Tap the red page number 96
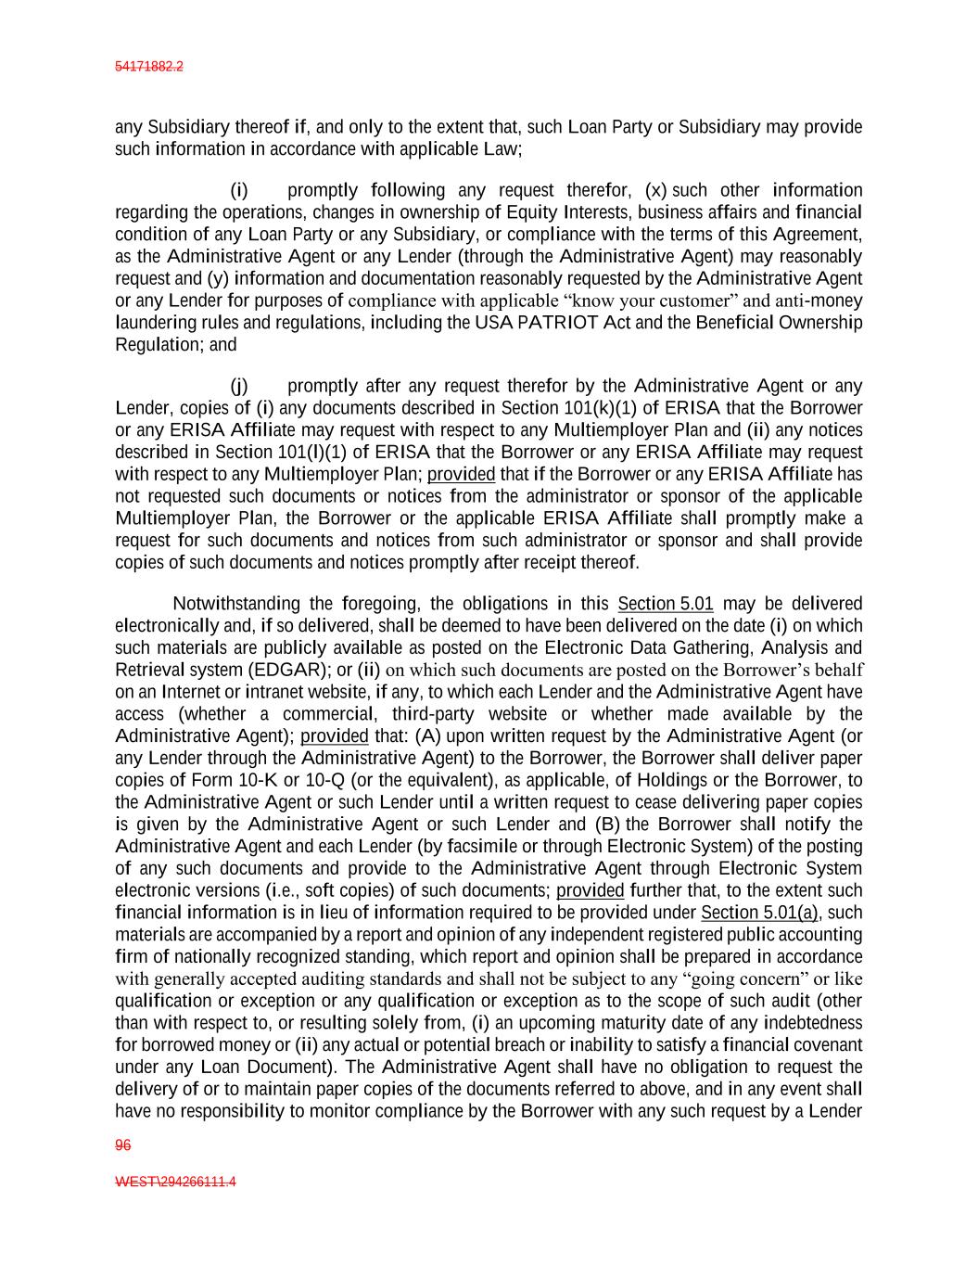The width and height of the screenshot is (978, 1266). click(122, 1145)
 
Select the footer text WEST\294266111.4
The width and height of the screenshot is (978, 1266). click(175, 1183)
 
